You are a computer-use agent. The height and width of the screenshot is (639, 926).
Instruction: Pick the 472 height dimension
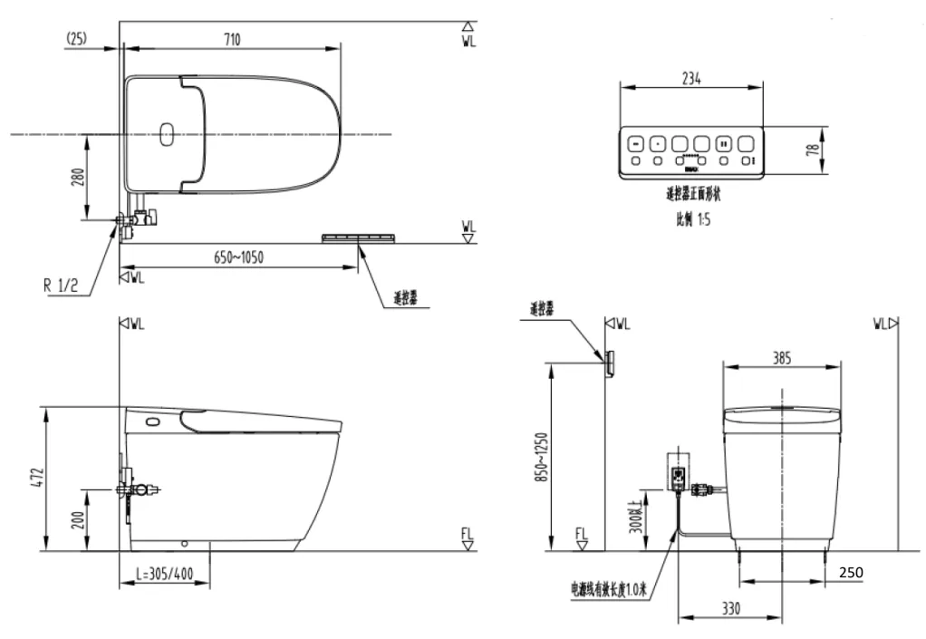click(x=34, y=478)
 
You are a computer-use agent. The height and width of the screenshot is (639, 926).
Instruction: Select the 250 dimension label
click(x=851, y=573)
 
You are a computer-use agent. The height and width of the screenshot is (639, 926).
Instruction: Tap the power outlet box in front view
click(x=677, y=472)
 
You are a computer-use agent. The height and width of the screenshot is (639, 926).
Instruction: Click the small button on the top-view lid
click(x=166, y=135)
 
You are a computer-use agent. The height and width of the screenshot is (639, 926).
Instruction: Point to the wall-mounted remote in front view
click(x=610, y=362)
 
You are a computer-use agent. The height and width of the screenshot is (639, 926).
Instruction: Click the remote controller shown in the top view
click(x=360, y=237)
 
